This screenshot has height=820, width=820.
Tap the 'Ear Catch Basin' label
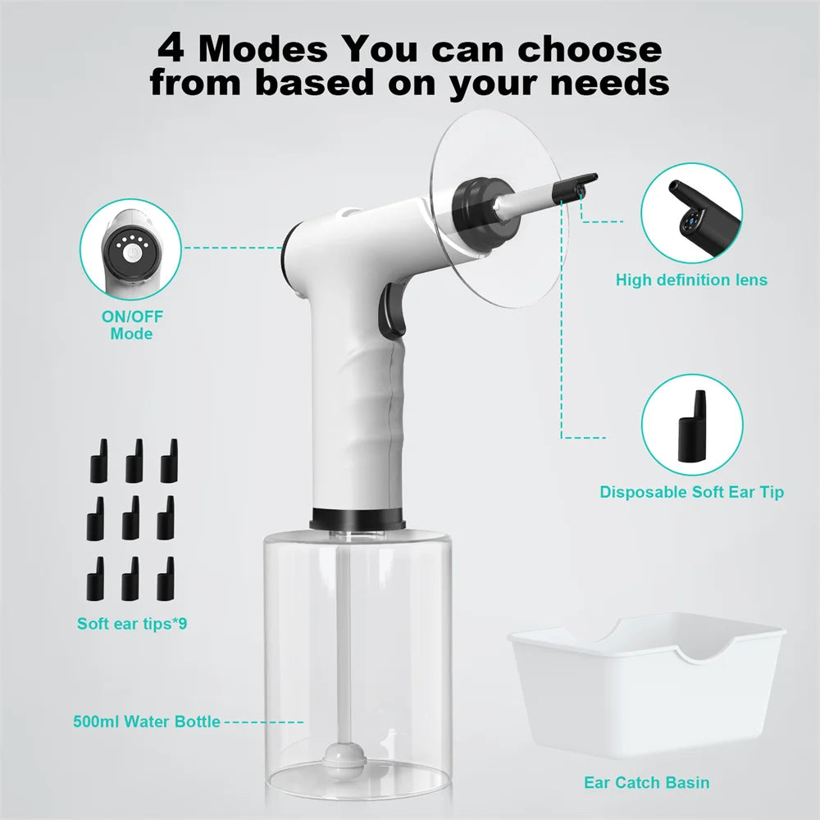coord(646,781)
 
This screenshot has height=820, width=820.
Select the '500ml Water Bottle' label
coord(145,722)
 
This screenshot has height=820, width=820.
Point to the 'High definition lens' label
coord(691,280)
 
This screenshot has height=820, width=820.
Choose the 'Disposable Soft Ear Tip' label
coord(691,492)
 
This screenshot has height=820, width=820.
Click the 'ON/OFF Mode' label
coord(131,326)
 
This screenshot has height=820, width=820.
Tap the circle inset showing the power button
coord(131,249)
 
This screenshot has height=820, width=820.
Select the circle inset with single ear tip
coord(691,425)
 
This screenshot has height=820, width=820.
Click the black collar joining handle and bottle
coord(357,519)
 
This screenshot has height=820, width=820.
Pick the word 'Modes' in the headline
coord(262,48)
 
